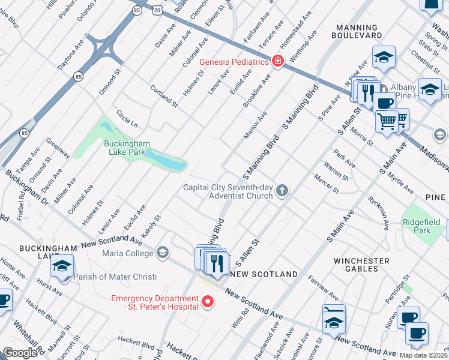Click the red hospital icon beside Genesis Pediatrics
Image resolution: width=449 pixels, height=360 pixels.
pyautogui.click(x=277, y=61)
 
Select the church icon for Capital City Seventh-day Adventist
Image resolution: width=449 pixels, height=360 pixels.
pyautogui.click(x=282, y=191)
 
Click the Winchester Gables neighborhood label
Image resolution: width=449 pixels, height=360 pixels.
pyautogui.click(x=362, y=265)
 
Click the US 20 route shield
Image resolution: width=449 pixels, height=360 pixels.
pyautogui.click(x=157, y=11)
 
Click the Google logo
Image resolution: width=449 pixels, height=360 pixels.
pyautogui.click(x=20, y=353)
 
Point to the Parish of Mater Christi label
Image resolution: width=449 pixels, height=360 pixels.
pyautogui.click(x=115, y=277)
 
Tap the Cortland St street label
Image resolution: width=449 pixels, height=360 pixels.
pyautogui.click(x=164, y=96)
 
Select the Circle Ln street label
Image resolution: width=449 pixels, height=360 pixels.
pyautogui.click(x=127, y=119)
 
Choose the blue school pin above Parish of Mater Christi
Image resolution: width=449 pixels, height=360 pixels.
pyautogui.click(x=62, y=267)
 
